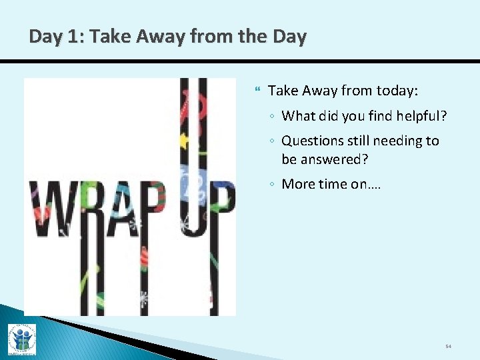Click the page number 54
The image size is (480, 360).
(x=448, y=347)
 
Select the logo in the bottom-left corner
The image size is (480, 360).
(x=21, y=339)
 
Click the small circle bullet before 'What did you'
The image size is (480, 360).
(x=273, y=117)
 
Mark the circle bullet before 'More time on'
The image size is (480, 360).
(x=273, y=185)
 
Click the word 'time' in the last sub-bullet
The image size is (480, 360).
(x=334, y=184)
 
